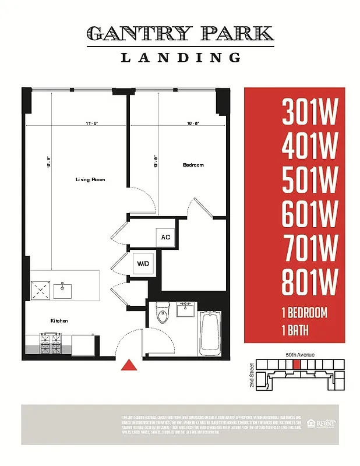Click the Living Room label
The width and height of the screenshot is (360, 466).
90,180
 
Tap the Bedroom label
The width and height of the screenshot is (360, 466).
193,165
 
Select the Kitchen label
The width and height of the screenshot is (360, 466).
58,321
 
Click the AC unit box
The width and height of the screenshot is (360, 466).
165,237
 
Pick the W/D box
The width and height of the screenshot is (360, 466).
143,263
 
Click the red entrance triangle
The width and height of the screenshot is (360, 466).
129,365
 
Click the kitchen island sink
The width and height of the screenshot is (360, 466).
62,290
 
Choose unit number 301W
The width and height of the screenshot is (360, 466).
309,112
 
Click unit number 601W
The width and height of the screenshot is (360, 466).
309,215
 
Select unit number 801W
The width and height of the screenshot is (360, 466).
309,283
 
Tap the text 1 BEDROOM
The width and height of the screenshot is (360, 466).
304,313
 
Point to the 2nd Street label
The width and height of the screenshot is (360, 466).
252,376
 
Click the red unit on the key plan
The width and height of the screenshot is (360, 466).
297,364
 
